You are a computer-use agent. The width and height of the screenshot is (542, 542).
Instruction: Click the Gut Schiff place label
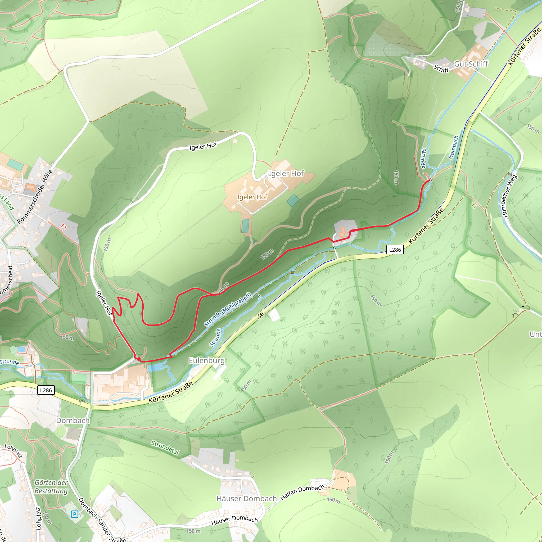(x=471, y=64)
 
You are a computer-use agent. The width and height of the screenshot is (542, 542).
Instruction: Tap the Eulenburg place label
(x=207, y=360)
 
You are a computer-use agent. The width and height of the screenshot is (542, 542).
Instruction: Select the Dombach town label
(x=73, y=421)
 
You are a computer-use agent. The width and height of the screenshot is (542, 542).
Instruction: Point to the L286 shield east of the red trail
(x=395, y=250)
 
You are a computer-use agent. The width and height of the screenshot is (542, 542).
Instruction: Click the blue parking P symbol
(x=74, y=514)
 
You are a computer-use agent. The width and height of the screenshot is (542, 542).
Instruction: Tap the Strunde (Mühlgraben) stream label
(x=228, y=310)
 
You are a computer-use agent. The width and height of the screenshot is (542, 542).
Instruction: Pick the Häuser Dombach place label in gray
(x=247, y=499)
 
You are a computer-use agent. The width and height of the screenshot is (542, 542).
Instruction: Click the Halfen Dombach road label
(x=302, y=492)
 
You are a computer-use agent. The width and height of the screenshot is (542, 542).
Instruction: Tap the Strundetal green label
(x=165, y=448)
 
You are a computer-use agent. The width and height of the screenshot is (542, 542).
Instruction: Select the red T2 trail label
(x=64, y=227)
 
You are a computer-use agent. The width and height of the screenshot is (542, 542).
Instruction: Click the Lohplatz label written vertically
(x=38, y=518)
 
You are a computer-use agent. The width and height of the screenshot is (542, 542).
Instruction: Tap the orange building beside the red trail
(x=342, y=232)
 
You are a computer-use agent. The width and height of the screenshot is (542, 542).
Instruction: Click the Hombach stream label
(x=453, y=147)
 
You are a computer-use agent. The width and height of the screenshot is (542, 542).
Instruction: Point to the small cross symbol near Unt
(x=523, y=307)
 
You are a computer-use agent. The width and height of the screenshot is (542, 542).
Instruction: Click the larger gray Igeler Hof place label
(x=286, y=173)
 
